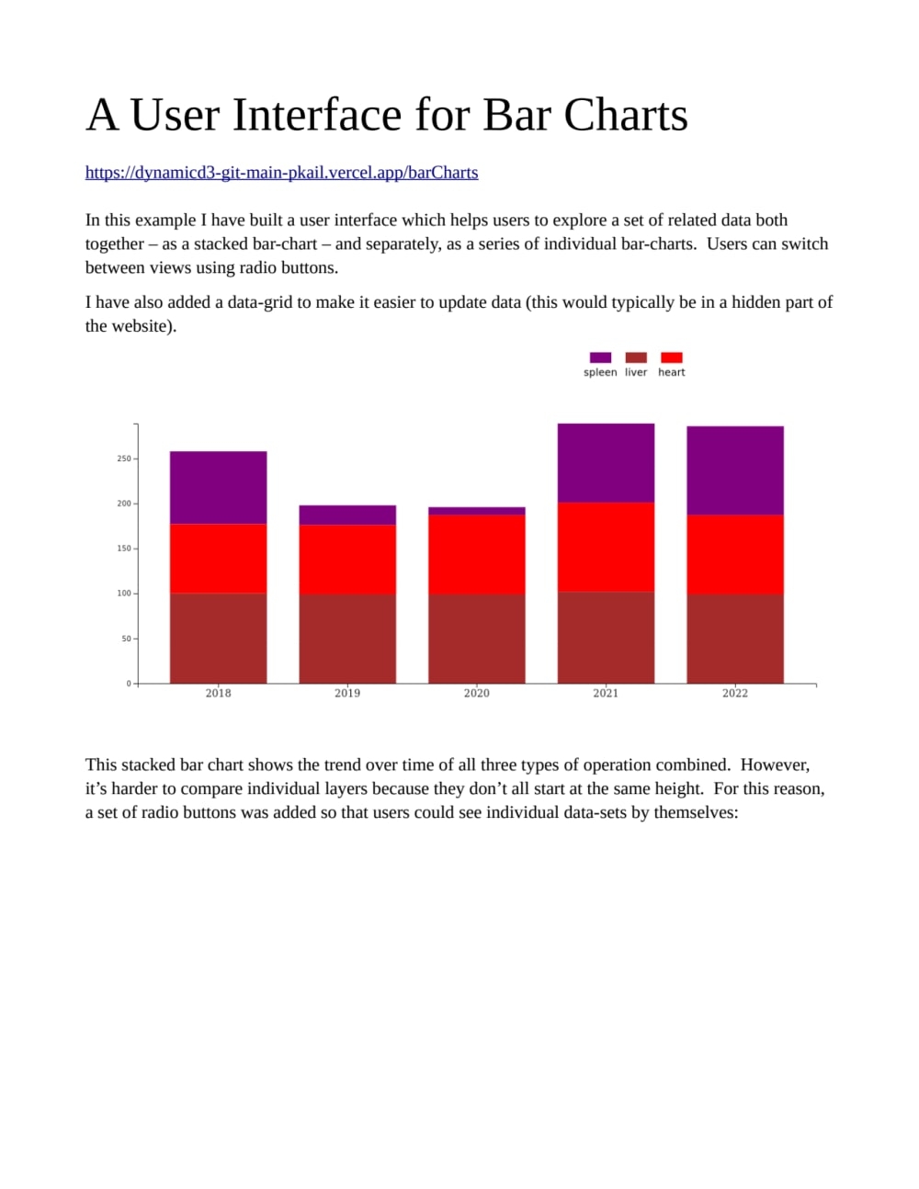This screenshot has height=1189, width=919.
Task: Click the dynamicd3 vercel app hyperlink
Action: pyautogui.click(x=281, y=173)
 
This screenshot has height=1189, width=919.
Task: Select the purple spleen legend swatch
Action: pyautogui.click(x=600, y=357)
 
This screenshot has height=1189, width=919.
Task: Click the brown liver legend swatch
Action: pyautogui.click(x=636, y=357)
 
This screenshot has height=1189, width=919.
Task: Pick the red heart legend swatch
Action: pyautogui.click(x=672, y=357)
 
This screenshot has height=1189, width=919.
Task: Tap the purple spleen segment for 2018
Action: pyautogui.click(x=218, y=487)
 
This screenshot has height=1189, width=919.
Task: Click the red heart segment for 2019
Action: pyautogui.click(x=347, y=560)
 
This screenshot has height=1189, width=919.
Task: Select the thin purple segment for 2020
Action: pyautogui.click(x=476, y=511)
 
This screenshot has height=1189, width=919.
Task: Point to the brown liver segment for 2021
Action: pyautogui.click(x=606, y=638)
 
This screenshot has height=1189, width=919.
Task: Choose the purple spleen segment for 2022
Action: pyautogui.click(x=735, y=470)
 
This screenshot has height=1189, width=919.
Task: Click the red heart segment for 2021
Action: pyautogui.click(x=606, y=547)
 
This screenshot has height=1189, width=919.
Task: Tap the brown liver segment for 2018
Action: pyautogui.click(x=218, y=639)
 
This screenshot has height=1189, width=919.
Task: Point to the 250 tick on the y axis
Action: pyautogui.click(x=124, y=459)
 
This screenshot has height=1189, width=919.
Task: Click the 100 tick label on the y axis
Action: pyautogui.click(x=124, y=594)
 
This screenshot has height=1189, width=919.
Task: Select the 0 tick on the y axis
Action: pyautogui.click(x=130, y=684)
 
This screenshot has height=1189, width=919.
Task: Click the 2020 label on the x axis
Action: pyautogui.click(x=476, y=694)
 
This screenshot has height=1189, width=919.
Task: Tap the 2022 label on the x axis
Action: pyautogui.click(x=735, y=694)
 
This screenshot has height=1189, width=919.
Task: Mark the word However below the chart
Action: pyautogui.click(x=775, y=765)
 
